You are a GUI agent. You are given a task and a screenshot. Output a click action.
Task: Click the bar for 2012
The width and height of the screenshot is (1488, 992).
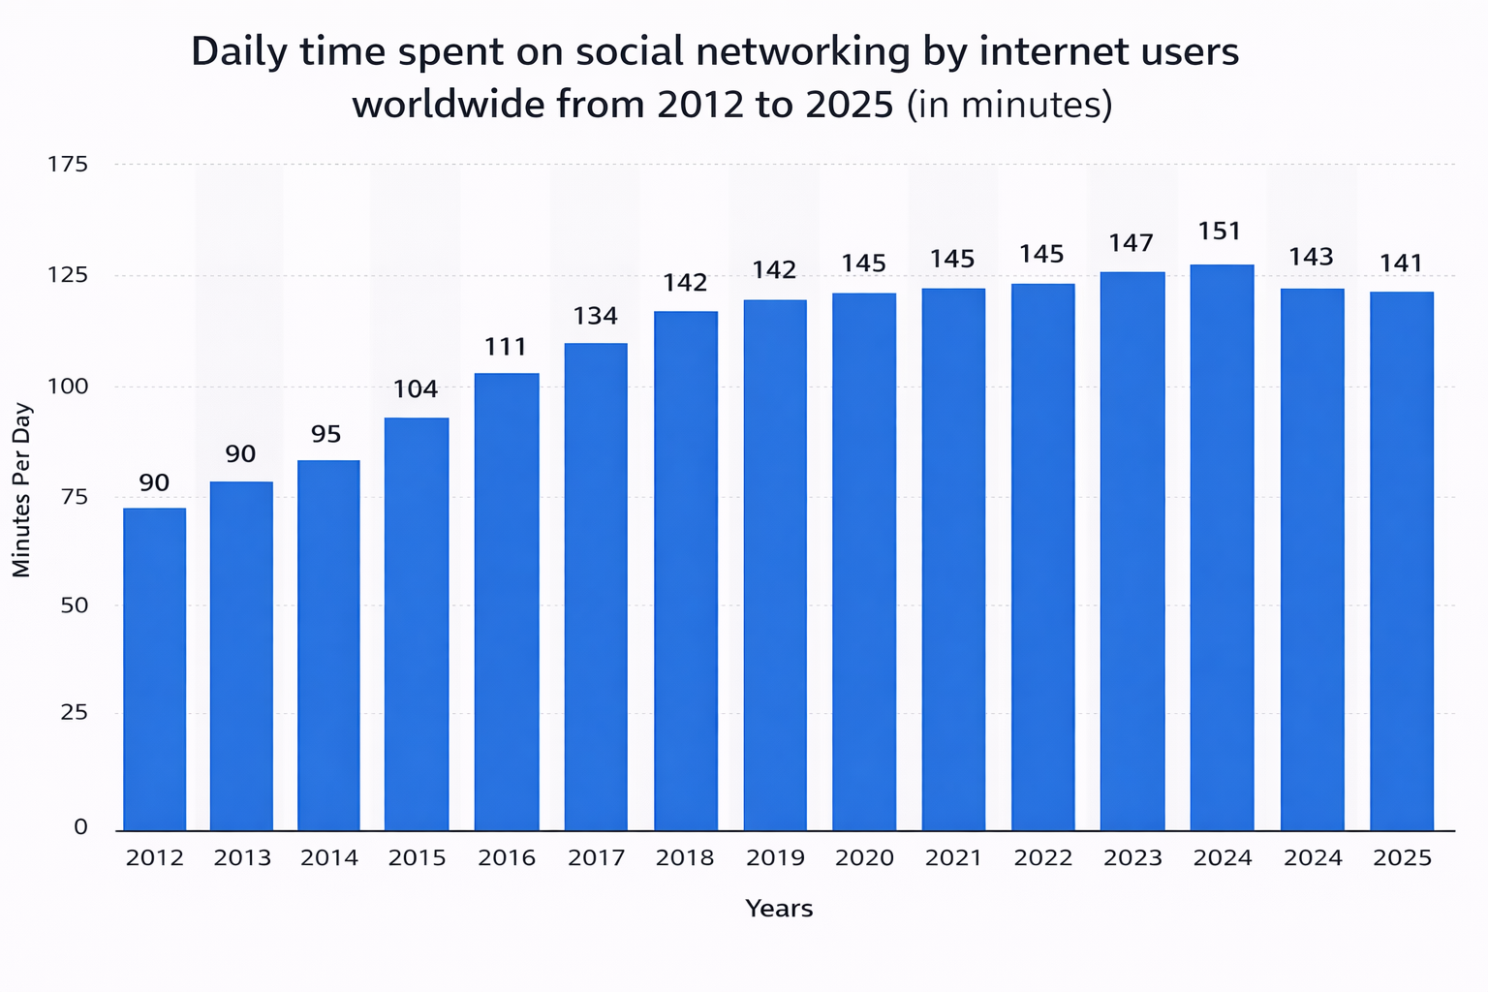155,668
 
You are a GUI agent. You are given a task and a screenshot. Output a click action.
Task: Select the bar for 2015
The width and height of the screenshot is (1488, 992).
417,624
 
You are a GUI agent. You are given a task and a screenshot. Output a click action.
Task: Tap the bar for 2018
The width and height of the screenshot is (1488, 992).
686,571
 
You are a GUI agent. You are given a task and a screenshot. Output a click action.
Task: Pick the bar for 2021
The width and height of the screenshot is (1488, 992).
953,559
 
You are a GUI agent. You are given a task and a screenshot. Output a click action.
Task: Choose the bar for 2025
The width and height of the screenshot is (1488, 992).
1402,561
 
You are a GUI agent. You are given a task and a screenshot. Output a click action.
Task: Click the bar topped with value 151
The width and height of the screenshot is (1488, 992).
1222,547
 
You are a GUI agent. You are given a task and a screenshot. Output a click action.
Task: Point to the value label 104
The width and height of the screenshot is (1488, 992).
416,389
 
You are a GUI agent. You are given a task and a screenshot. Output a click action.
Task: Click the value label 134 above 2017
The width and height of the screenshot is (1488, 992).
595,316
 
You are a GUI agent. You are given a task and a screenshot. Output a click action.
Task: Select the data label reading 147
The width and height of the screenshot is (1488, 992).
1131,242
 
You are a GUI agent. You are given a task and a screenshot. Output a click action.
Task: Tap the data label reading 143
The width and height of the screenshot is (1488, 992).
1311,258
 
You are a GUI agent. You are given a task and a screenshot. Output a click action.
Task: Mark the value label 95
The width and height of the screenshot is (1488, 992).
326,434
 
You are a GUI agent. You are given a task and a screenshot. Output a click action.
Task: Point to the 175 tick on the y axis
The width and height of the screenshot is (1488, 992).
68,165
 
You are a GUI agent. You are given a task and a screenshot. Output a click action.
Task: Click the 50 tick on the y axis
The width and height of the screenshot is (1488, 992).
75,605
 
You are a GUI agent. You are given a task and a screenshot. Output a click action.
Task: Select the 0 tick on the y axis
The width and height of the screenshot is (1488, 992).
80,827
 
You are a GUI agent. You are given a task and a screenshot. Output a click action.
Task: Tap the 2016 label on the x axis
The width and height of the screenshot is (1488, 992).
507,858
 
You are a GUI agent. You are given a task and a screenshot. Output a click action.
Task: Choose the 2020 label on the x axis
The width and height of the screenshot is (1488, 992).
864,858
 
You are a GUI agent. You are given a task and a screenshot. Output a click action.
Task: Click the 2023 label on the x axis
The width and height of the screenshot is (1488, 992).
1132,858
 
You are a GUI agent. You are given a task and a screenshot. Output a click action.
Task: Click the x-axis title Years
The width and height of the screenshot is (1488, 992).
779,909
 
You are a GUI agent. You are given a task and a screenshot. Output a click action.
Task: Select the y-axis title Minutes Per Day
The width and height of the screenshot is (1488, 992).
22,490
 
